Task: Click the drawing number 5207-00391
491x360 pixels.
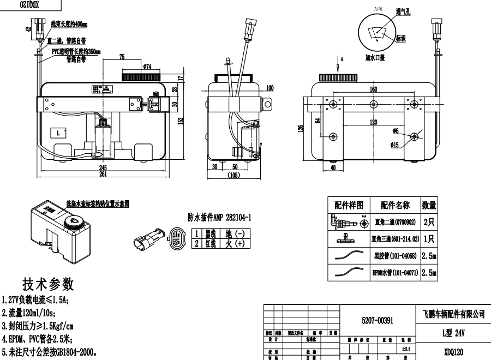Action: tap(377, 321)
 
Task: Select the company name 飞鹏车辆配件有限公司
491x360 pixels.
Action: tap(454, 314)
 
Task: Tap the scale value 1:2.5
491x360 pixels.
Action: tap(406, 347)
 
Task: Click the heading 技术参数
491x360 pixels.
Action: tap(47, 284)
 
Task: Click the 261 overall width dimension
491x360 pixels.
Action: tap(102, 174)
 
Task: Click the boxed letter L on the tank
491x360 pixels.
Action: tap(57, 133)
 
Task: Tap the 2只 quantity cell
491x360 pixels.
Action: tap(429, 222)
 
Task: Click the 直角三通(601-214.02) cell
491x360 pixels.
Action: tap(396, 238)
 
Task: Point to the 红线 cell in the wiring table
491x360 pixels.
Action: tap(211, 243)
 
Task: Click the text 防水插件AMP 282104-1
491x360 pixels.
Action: tap(219, 217)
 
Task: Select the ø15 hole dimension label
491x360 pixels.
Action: tap(396, 145)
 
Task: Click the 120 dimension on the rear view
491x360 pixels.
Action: tap(373, 122)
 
